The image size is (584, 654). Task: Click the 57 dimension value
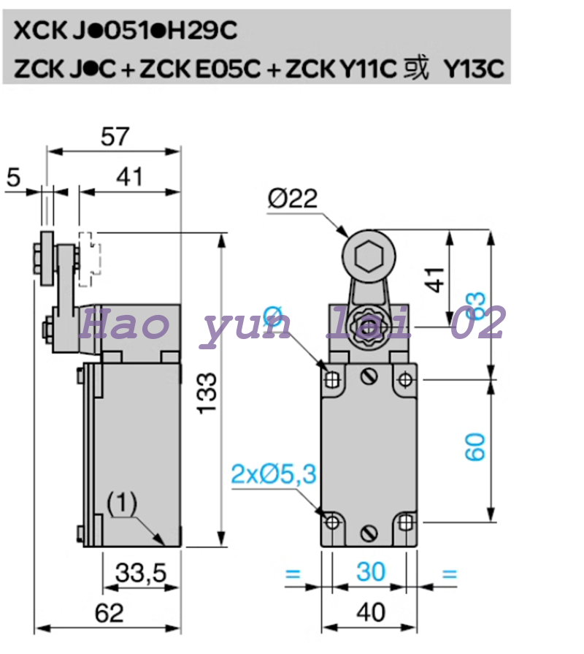pos(115,137)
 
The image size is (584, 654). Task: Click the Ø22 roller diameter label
pos(292,199)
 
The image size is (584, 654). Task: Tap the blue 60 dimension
pos(474,446)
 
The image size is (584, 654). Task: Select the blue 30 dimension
pos(370,571)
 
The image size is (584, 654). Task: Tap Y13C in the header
pos(474,68)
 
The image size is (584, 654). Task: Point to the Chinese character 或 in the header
pos(417,68)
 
